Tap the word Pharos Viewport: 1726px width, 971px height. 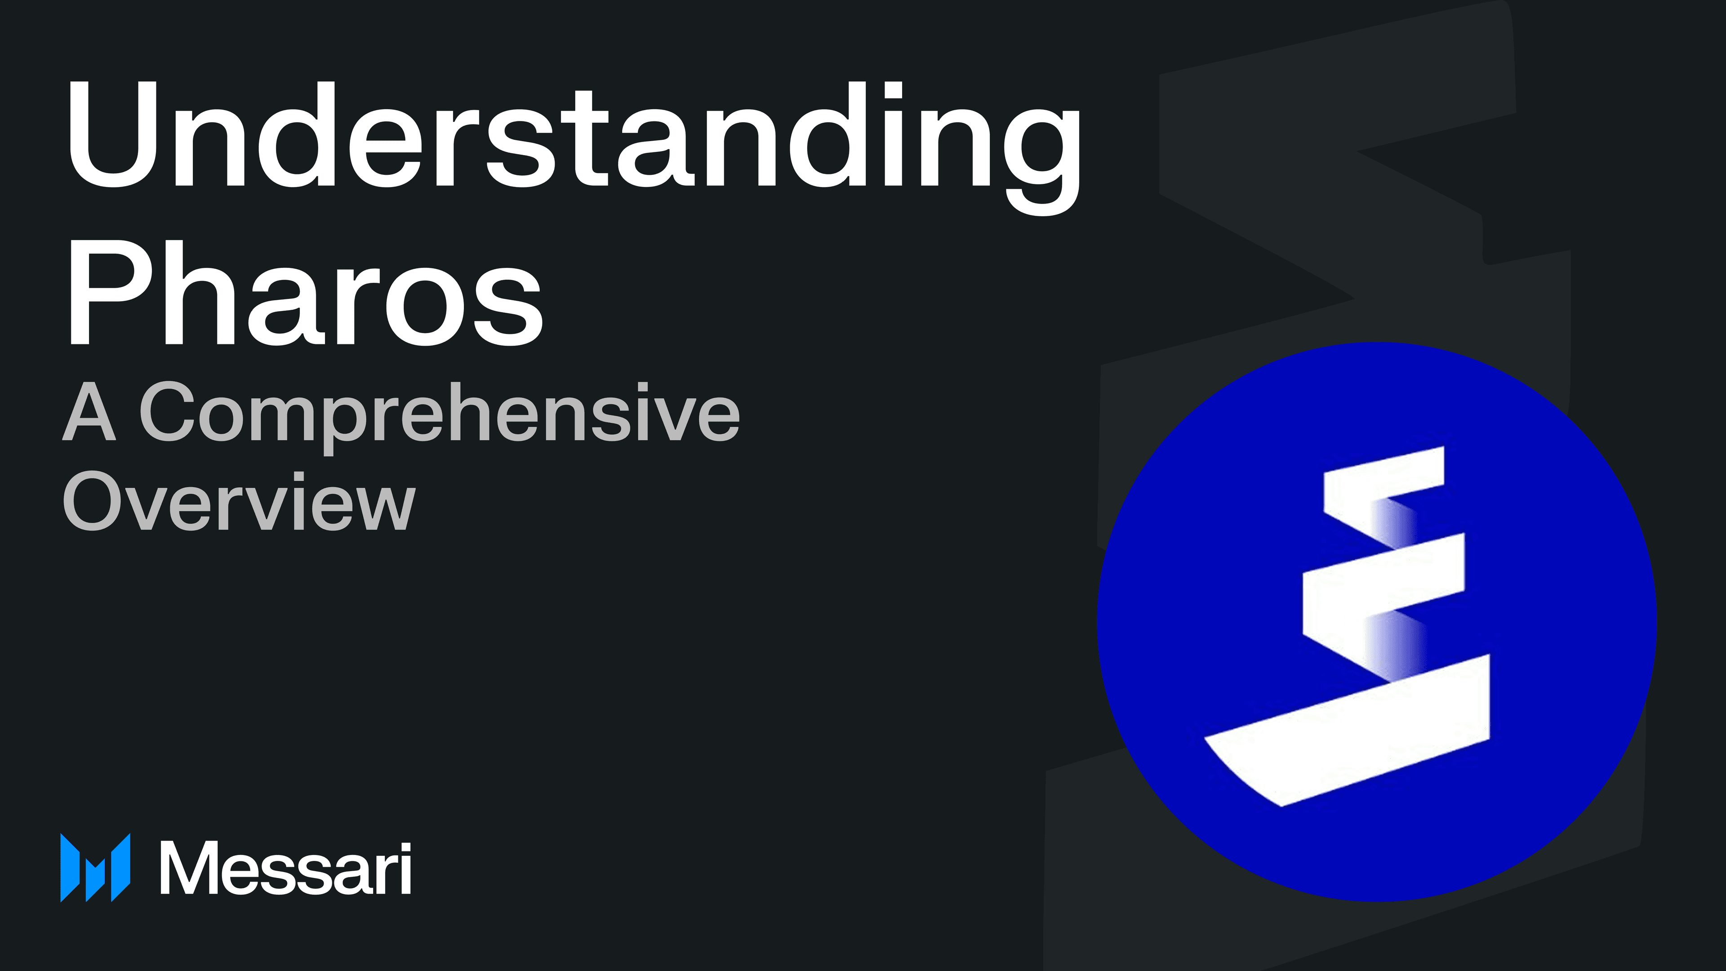(305, 295)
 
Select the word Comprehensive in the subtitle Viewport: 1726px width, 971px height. (439, 412)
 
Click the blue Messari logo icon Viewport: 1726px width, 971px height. (95, 867)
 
